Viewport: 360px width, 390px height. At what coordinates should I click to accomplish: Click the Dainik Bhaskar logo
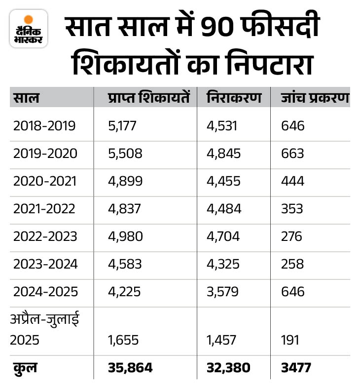[x=29, y=29]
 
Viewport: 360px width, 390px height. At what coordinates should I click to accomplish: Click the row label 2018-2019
[x=44, y=126]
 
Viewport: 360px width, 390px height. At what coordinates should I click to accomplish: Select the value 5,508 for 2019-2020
[x=125, y=154]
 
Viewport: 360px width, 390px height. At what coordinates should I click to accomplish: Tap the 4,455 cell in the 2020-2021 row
[x=223, y=181]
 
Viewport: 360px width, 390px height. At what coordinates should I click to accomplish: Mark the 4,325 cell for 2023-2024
[x=223, y=264]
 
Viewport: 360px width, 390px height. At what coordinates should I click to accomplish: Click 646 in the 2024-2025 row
[x=292, y=292]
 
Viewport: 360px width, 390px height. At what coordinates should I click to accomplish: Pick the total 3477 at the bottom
[x=296, y=368]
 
